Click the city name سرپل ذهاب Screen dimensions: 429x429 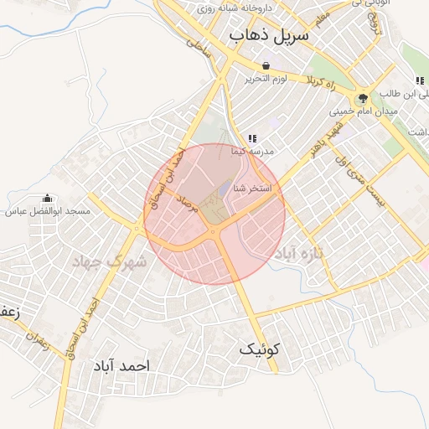pyautogui.click(x=268, y=36)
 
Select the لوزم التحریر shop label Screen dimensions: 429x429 pyautogui.click(x=266, y=79)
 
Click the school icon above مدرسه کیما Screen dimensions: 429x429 pyautogui.click(x=251, y=138)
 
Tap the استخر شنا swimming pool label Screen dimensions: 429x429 pyautogui.click(x=253, y=189)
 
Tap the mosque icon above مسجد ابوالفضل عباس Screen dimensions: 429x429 pyautogui.click(x=47, y=199)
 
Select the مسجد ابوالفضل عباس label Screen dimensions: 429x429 pyautogui.click(x=48, y=212)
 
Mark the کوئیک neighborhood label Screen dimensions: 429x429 pyautogui.click(x=262, y=349)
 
